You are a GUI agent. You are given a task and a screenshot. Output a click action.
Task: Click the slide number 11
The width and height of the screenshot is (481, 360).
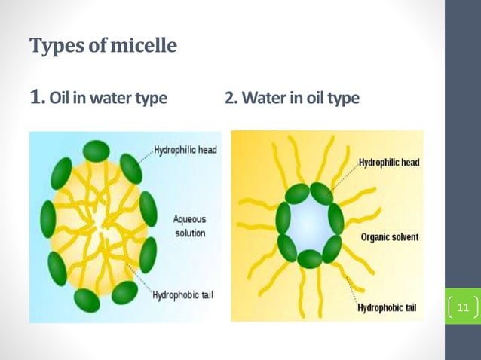(462, 307)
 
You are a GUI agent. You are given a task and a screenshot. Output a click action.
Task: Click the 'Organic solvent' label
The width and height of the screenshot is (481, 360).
(388, 238)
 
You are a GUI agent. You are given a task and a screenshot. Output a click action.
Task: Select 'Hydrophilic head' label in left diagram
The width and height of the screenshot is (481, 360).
(185, 150)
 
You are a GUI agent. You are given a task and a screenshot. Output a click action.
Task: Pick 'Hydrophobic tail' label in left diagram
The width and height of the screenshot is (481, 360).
(182, 294)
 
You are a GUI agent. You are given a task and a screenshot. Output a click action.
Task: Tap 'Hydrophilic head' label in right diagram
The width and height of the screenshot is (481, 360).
(389, 162)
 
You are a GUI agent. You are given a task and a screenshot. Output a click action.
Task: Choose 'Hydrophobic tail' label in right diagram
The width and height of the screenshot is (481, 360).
(388, 307)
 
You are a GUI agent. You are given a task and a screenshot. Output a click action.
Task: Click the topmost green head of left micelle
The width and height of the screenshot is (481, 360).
(96, 150)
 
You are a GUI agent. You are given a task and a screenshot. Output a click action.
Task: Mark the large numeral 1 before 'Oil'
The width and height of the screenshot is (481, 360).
(38, 97)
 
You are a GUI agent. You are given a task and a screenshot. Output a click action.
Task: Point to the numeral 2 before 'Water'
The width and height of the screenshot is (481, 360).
(229, 99)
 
